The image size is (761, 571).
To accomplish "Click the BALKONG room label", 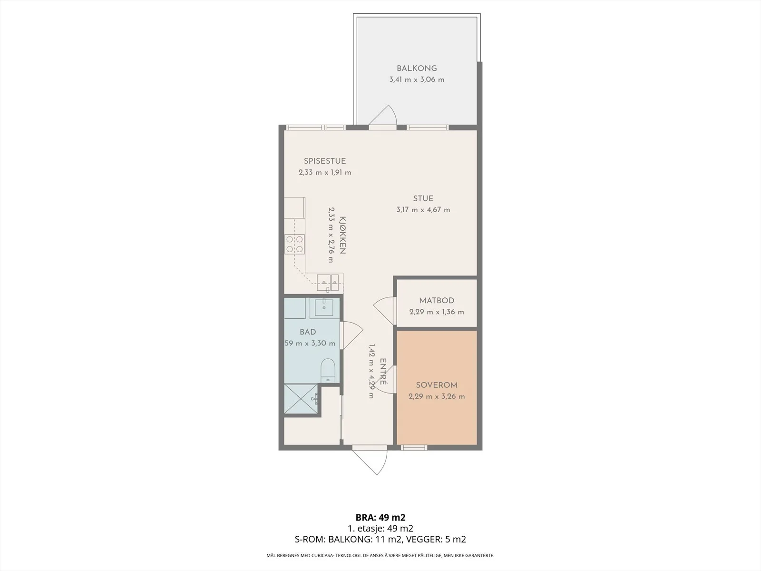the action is (417, 69).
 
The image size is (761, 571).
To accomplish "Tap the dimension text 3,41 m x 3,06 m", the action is (417, 80).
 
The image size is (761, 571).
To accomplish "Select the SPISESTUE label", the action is (325, 161).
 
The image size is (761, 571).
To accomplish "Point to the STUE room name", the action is (423, 198).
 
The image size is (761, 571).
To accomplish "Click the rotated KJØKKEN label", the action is (342, 236).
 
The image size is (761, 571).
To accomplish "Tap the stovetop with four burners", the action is (295, 244).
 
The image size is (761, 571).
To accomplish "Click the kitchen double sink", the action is (328, 283).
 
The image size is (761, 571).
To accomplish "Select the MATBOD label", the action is (437, 301).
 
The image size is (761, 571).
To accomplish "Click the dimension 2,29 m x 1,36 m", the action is (437, 312).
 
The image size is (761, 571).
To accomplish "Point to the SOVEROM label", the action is (437, 385).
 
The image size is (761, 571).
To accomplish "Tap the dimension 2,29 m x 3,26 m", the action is (437, 397).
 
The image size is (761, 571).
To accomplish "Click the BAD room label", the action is (308, 332).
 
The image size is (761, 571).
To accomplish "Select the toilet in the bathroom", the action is (328, 371).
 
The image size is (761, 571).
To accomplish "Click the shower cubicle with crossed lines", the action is (301, 399).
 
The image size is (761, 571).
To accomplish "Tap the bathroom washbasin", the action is (324, 307).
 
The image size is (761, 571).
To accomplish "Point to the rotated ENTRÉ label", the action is (383, 372).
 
